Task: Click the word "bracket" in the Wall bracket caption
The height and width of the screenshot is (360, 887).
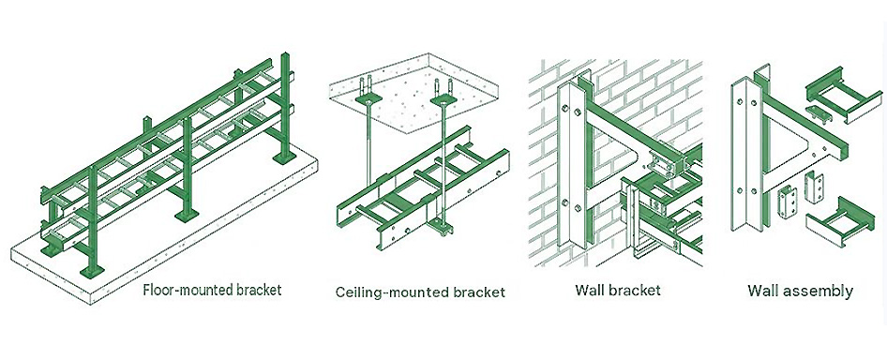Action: coord(639,291)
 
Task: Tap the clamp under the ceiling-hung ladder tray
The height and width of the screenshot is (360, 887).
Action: coord(443,229)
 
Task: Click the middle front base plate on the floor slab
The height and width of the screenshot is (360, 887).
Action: coord(187,215)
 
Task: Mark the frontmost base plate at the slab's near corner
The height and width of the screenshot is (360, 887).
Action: coord(90,272)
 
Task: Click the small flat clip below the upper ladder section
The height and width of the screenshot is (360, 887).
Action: coord(818,112)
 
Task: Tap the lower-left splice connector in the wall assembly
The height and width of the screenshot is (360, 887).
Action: coord(785,202)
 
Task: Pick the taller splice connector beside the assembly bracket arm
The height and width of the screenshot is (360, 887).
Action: coord(811,187)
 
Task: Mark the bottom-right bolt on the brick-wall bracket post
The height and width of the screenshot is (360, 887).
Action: coord(578,208)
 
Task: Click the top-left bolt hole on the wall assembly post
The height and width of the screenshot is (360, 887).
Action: coord(740,102)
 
